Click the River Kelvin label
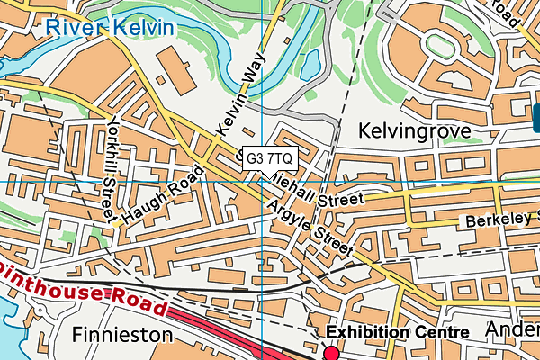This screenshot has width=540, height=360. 111,27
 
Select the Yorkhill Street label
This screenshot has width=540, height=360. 112,170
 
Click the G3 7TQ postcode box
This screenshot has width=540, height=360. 269,157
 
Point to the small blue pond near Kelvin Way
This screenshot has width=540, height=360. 311,64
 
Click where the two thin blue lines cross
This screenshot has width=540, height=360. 262,181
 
